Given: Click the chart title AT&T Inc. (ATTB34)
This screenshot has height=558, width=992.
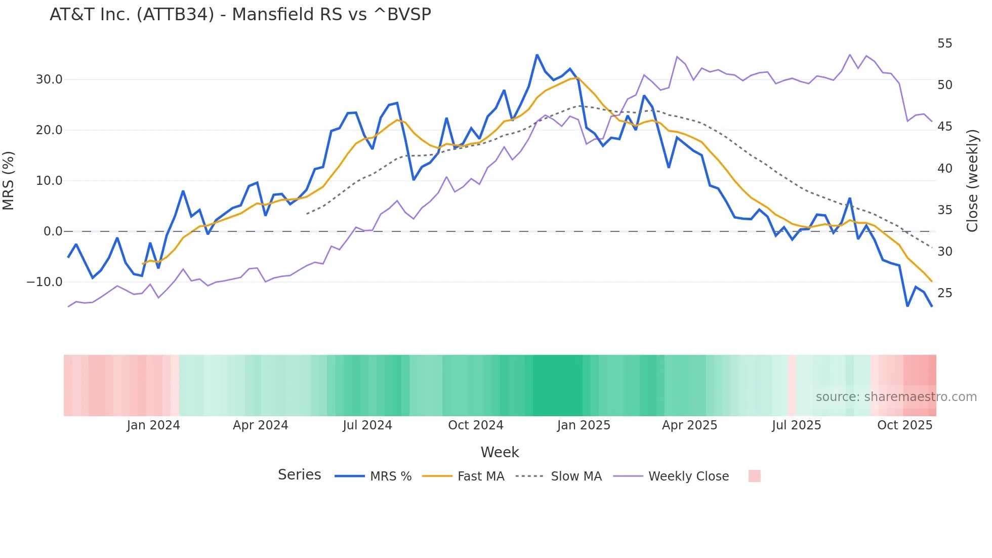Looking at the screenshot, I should [x=240, y=15].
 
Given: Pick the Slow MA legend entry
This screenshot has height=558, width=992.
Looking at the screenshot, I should [x=559, y=476].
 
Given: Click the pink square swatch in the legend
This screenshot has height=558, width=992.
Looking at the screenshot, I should [x=754, y=476].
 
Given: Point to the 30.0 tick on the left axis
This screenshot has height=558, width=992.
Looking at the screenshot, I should [x=49, y=79].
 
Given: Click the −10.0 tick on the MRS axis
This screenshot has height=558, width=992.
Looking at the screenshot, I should [x=45, y=282].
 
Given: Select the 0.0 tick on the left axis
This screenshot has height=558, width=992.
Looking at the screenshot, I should [x=53, y=231].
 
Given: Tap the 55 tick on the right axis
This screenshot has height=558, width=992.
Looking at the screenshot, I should [x=944, y=44].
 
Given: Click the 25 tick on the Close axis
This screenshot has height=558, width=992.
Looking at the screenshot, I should [x=944, y=293].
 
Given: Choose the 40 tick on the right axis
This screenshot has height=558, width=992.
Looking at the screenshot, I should [x=944, y=168].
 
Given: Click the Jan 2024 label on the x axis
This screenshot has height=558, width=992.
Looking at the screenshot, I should [x=153, y=425].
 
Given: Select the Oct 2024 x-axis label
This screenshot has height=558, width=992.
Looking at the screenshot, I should [x=476, y=425].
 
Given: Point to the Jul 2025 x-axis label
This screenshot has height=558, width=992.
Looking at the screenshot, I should [x=796, y=425].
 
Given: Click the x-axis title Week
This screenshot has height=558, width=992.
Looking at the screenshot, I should [x=500, y=452].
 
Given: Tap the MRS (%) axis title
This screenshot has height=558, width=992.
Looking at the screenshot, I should [x=9, y=181].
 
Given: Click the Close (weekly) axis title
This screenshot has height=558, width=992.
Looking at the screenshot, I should [x=972, y=181].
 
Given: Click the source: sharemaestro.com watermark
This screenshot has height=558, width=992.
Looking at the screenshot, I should [x=896, y=397].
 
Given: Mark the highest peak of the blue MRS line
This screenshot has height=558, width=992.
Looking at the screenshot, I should [x=537, y=55].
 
